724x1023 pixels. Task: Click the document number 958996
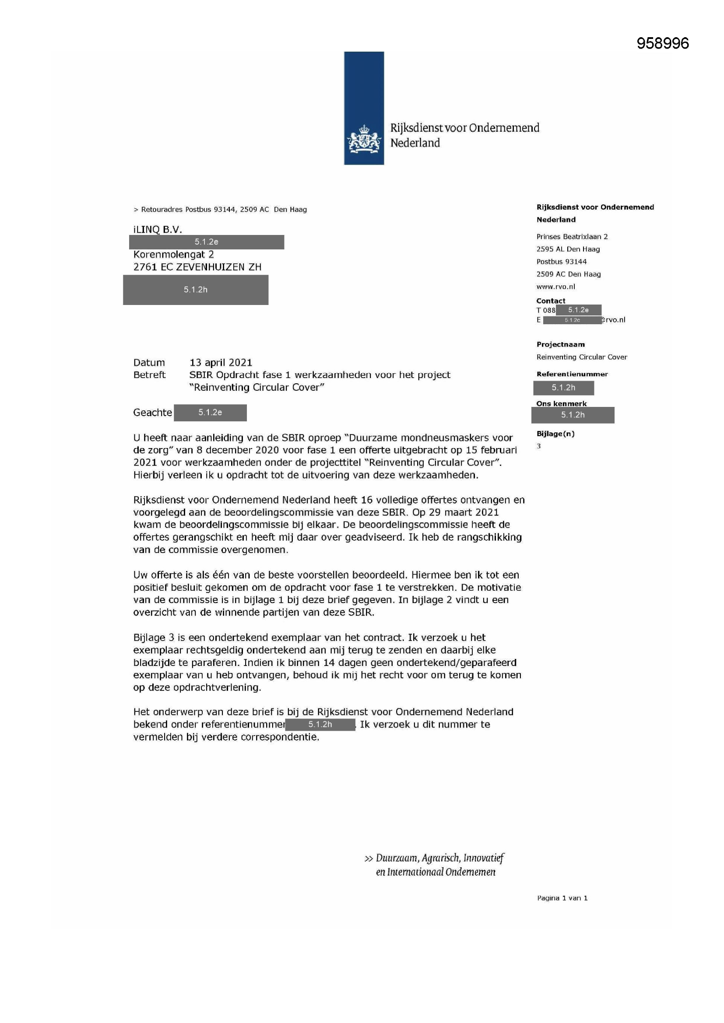(x=662, y=43)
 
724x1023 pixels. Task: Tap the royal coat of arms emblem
(x=364, y=139)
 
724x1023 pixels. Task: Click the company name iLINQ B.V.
(x=158, y=229)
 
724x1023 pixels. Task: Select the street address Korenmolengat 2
(x=173, y=254)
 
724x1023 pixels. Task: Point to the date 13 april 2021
(x=221, y=362)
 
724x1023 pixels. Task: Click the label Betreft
(x=149, y=375)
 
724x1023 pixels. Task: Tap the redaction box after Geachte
(x=210, y=413)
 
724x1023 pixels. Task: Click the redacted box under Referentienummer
(x=563, y=388)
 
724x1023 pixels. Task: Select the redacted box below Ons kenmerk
(x=573, y=415)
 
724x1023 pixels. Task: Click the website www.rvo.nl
(x=555, y=287)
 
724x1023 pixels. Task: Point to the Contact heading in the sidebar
(x=551, y=301)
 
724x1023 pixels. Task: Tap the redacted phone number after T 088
(x=578, y=310)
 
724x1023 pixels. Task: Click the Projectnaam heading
(x=560, y=344)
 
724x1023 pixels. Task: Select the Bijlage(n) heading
(x=555, y=434)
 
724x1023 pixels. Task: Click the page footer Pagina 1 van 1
(x=562, y=898)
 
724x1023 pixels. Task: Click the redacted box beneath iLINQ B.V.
(x=207, y=242)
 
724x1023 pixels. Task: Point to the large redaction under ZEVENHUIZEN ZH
(x=195, y=290)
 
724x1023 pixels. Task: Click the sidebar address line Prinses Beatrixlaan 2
(x=572, y=237)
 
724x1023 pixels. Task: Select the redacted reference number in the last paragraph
(x=320, y=724)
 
